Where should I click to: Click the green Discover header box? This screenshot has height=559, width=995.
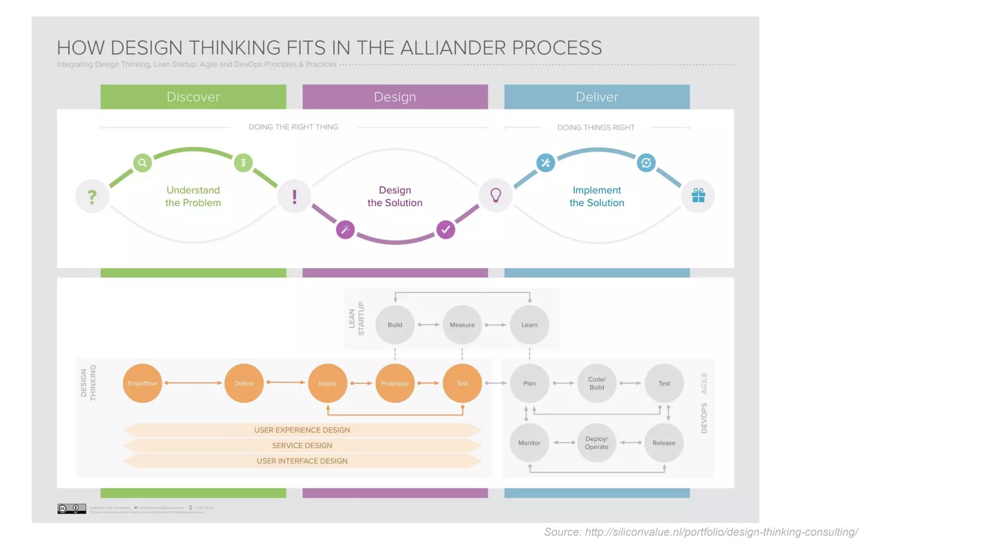193,97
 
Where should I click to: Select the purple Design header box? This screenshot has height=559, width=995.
395,97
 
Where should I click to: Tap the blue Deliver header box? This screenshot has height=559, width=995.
597,97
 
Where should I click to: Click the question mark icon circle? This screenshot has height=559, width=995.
92,197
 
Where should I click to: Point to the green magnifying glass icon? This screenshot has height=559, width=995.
142,163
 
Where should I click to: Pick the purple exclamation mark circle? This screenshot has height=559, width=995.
294,197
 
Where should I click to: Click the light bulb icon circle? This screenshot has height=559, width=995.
496,196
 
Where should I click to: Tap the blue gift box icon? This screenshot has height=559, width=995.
698,196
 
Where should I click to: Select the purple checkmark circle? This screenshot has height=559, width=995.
446,230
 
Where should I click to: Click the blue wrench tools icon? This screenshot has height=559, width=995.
546,163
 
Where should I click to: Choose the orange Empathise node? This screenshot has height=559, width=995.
142,383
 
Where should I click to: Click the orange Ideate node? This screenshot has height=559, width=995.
327,383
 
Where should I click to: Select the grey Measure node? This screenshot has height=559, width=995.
462,325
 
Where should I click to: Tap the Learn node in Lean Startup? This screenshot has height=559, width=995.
529,325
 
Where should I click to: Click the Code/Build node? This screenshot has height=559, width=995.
597,383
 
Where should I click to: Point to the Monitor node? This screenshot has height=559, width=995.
529,443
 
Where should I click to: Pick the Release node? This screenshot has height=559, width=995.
664,443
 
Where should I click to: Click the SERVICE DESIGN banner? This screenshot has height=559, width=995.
302,445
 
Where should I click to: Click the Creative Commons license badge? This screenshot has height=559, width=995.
71,509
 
